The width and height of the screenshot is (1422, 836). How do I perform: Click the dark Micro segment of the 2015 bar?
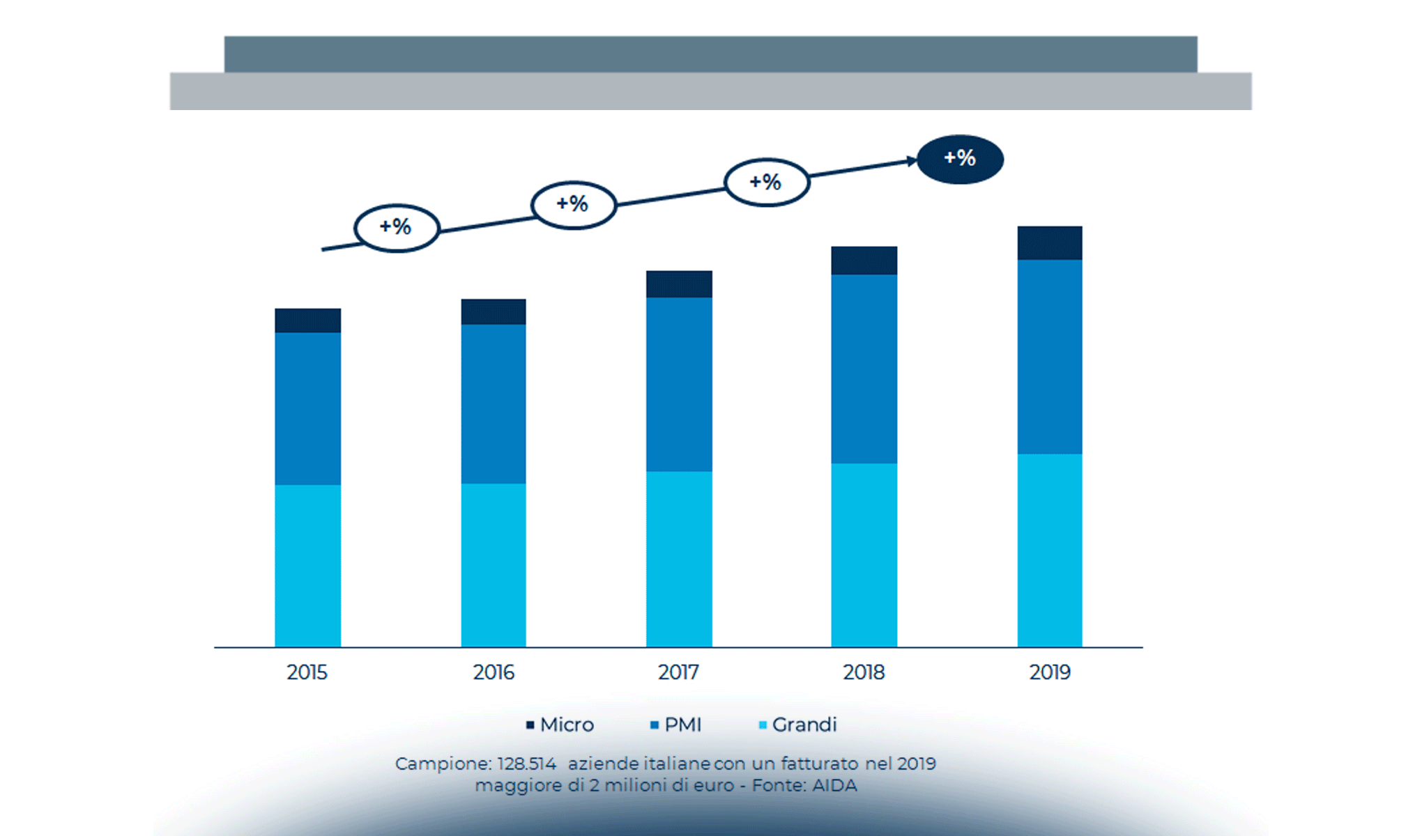tap(307, 320)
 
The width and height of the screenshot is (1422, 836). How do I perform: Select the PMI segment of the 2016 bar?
tap(494, 404)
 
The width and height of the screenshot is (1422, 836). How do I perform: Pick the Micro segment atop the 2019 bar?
tap(1050, 243)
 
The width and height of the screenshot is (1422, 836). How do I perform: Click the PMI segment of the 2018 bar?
tap(864, 369)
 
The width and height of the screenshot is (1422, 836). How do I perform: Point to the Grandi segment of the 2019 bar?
tap(1050, 550)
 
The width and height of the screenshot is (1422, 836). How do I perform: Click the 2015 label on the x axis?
tap(307, 672)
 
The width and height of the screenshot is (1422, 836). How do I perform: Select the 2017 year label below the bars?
tap(678, 672)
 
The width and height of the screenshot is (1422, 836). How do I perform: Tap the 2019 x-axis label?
tap(1050, 672)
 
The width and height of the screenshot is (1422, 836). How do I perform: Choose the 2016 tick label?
tap(494, 672)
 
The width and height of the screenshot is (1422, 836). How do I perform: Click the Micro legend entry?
tap(560, 725)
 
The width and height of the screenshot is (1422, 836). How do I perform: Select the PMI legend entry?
tap(675, 725)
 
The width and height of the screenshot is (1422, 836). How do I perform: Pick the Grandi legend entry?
tap(797, 725)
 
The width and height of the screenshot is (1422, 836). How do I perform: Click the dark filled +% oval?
tap(960, 159)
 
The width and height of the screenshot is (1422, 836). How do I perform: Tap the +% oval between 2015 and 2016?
tap(397, 227)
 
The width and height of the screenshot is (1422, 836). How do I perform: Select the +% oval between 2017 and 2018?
tap(767, 183)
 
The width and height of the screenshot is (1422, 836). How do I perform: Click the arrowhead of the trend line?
tap(912, 161)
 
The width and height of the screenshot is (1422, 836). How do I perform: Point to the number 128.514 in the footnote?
tap(526, 764)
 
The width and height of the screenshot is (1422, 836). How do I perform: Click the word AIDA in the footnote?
tap(834, 786)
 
